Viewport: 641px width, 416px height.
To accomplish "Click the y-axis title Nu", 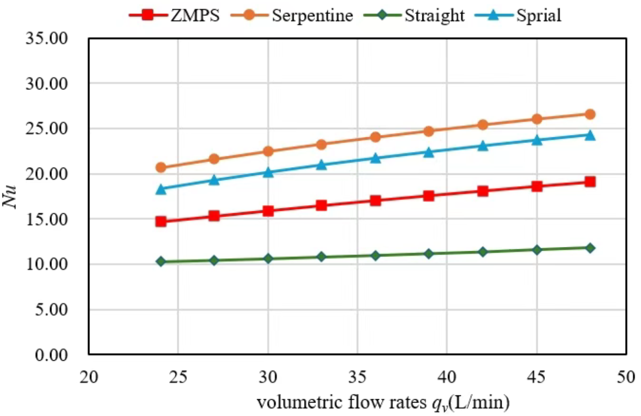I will [12, 196].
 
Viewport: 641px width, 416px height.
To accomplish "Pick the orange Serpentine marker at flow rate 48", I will [590, 114].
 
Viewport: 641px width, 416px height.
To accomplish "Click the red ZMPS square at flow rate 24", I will [160, 221].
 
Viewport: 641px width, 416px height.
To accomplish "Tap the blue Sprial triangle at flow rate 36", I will [375, 158].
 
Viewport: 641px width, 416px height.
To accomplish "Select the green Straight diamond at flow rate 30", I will [268, 259].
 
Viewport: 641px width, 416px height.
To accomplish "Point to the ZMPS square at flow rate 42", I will [482, 191].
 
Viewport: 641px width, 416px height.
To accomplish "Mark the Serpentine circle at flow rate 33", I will [321, 145].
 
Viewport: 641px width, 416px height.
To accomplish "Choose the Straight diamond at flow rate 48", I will [590, 248].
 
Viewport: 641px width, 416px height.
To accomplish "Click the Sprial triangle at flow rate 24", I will [160, 189].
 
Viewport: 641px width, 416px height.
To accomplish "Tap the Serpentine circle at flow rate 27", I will [214, 159].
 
